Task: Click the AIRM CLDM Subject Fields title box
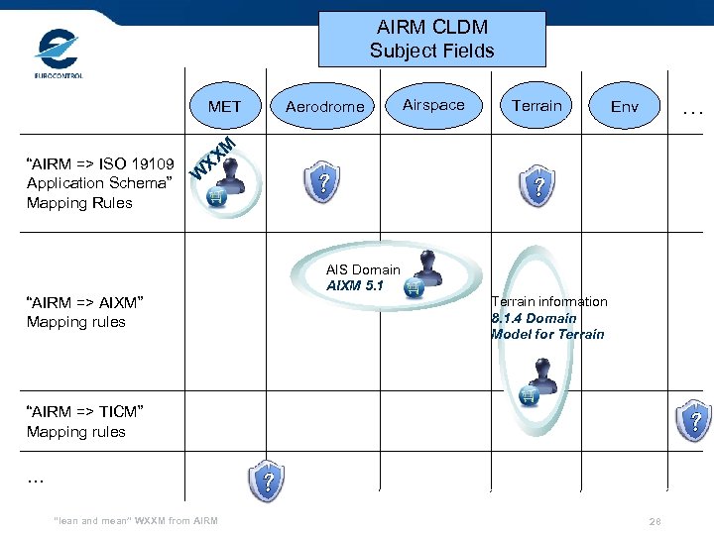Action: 431,40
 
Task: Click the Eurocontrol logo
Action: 58,53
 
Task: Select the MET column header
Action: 224,106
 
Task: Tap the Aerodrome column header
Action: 324,106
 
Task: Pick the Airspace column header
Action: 433,105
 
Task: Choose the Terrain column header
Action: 536,105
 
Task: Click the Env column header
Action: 625,106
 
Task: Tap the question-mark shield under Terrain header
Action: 537,185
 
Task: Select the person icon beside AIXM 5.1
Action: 425,272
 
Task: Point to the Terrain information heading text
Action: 549,301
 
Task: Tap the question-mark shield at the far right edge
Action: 696,420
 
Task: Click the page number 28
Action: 654,521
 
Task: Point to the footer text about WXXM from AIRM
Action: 137,521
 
